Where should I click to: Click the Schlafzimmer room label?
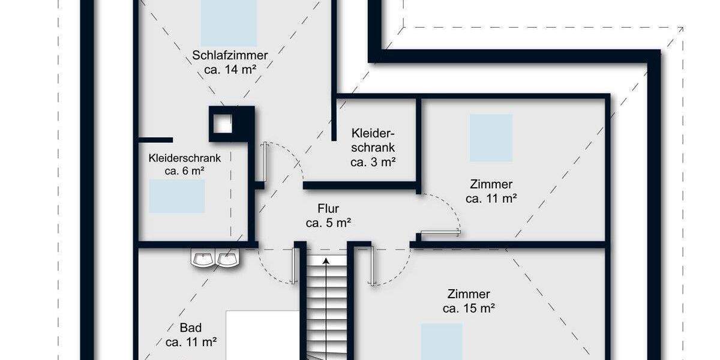pos(230,55)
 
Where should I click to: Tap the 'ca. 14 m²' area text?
pos(230,69)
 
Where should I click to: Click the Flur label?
pos(328,209)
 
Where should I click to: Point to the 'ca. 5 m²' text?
pos(328,223)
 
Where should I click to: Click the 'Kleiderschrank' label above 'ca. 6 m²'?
pos(185,158)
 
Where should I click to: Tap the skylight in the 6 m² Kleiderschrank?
pos(177,196)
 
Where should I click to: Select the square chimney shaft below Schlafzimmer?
pos(223,123)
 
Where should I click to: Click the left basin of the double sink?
pos(203,259)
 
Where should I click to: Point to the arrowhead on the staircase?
pos(326,261)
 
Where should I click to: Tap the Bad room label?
pos(191,328)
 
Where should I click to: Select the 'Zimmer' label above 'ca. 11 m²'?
pos(492,184)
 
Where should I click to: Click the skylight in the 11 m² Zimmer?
pos(491,138)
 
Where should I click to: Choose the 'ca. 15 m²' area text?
pos(469,308)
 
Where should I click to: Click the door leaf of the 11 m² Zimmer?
pos(440,232)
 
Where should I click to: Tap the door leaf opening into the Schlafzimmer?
pos(264,161)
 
